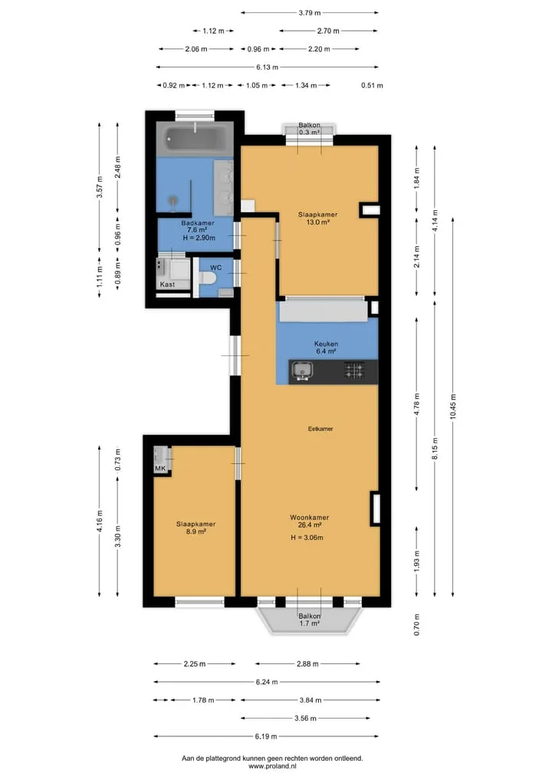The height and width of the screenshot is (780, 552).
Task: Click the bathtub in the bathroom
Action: [195, 139]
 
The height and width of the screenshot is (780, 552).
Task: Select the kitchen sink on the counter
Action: [302, 371]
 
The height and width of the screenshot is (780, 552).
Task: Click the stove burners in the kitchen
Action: [354, 370]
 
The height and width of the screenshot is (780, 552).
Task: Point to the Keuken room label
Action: [327, 344]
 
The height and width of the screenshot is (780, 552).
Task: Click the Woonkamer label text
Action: [309, 518]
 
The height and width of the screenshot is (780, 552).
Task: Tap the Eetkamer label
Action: [320, 428]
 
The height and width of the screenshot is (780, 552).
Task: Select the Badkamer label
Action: [198, 223]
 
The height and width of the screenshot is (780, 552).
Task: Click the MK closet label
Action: [160, 469]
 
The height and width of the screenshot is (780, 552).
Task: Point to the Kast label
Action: [167, 285]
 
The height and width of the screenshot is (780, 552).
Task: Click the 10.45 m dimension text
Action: [453, 406]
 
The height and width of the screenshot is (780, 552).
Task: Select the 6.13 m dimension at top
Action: [267, 67]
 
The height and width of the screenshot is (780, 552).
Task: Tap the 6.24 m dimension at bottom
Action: [267, 682]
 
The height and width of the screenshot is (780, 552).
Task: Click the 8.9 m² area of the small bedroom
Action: [196, 532]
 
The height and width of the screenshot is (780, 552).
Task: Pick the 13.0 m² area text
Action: [317, 222]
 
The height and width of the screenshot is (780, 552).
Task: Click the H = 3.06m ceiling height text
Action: [307, 537]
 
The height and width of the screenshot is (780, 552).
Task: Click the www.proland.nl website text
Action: [272, 766]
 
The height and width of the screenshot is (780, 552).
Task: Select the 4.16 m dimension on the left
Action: [100, 521]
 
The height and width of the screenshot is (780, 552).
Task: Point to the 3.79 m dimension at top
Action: [309, 12]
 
